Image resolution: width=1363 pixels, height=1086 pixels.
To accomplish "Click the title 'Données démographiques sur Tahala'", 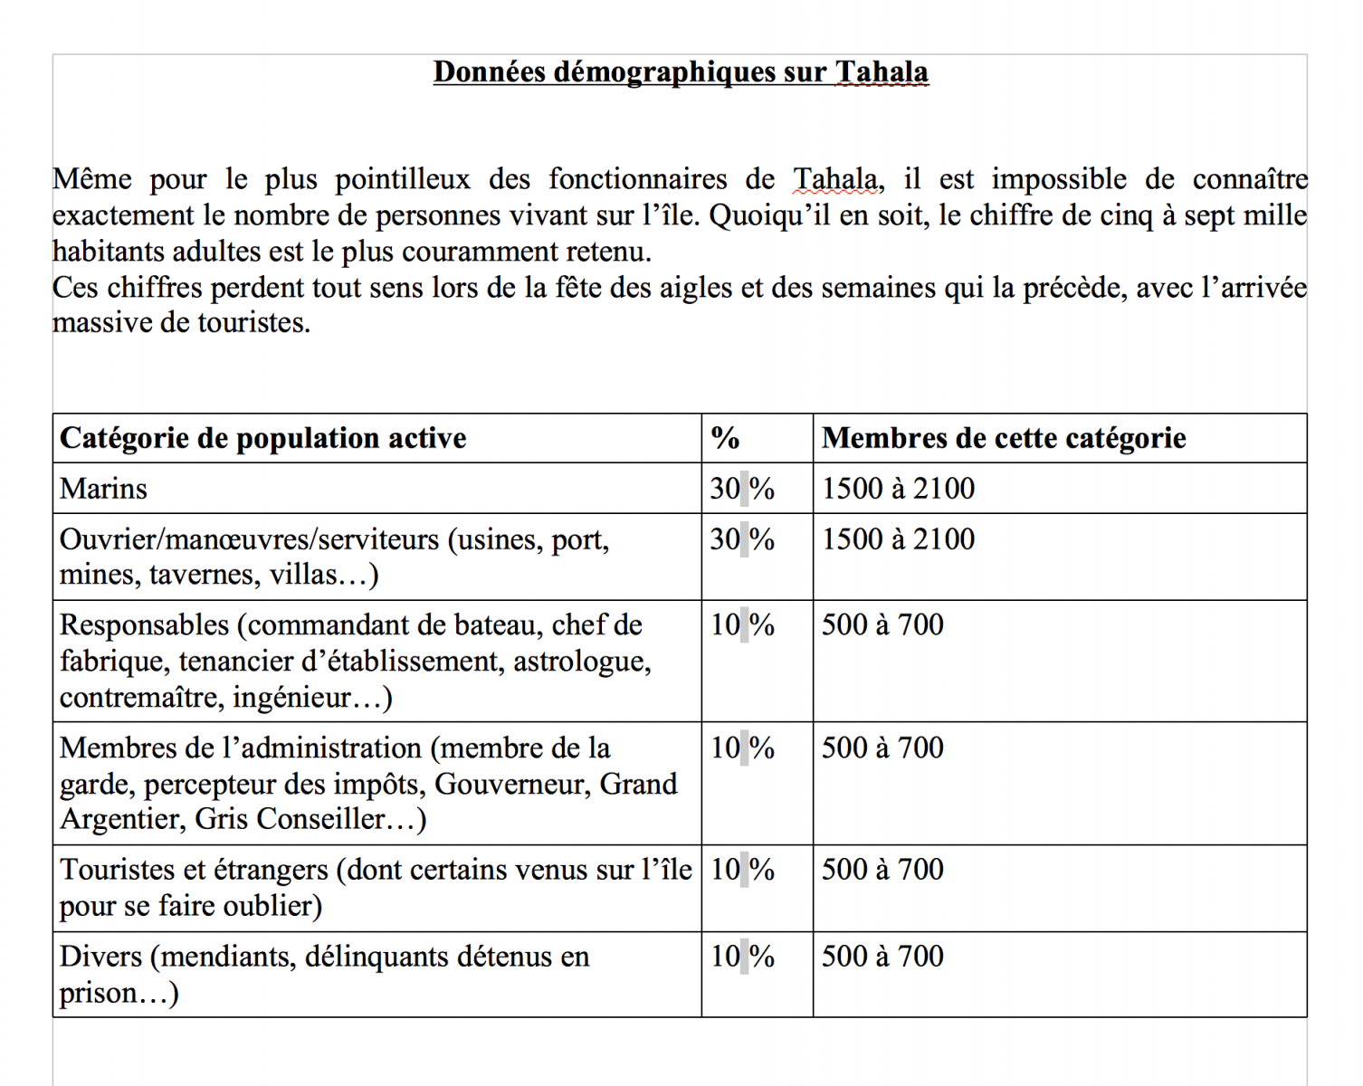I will pyautogui.click(x=681, y=72).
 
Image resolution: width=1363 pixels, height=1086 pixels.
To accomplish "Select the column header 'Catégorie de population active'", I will pyautogui.click(x=263, y=439).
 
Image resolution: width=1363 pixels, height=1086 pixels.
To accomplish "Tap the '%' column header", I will pyautogui.click(x=725, y=439).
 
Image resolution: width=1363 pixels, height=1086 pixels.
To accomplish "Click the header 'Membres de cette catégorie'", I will pyautogui.click(x=1004, y=439).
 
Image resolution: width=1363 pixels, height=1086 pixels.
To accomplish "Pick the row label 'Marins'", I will pyautogui.click(x=103, y=489).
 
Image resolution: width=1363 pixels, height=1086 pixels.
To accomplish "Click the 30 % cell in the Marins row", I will pyautogui.click(x=742, y=489).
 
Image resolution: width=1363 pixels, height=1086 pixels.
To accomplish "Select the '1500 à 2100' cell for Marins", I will pyautogui.click(x=898, y=489).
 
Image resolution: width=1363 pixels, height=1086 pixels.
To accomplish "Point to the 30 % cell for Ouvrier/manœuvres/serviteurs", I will pyautogui.click(x=742, y=539).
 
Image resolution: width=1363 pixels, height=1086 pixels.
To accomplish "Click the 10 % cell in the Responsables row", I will pyautogui.click(x=742, y=625).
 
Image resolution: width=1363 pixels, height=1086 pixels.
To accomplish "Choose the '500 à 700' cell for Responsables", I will pyautogui.click(x=882, y=625).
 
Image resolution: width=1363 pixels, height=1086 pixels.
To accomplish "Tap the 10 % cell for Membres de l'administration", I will pyautogui.click(x=742, y=748).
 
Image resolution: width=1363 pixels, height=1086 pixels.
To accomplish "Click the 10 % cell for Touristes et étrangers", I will pyautogui.click(x=742, y=870).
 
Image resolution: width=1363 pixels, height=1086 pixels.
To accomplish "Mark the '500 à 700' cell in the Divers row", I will pyautogui.click(x=882, y=957).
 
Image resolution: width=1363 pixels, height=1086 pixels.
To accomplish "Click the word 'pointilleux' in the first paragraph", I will pyautogui.click(x=403, y=180).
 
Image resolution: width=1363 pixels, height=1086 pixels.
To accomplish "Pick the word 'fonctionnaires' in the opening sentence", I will pyautogui.click(x=637, y=180).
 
